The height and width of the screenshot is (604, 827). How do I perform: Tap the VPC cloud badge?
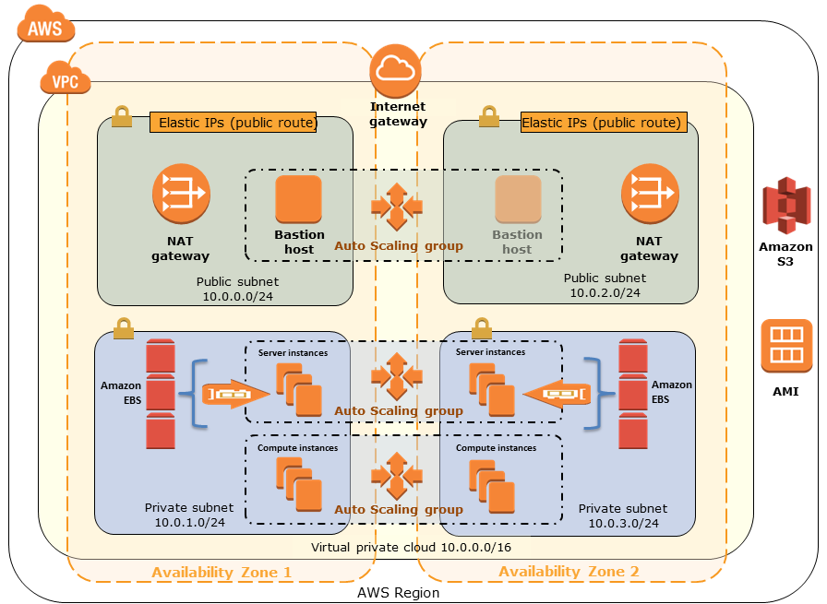point(65,81)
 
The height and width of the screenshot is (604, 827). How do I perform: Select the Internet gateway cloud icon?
point(395,68)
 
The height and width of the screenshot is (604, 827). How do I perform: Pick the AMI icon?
point(786,346)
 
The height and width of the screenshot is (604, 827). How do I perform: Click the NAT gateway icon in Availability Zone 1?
point(181,193)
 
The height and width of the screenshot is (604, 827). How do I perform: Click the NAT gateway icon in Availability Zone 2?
point(649,193)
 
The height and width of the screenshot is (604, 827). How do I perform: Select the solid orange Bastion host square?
point(298,198)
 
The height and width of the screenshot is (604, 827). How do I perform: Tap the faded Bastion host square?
point(518,198)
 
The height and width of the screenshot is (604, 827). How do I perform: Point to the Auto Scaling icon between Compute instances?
point(397,475)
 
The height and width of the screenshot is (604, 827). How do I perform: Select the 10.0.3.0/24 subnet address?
point(624,523)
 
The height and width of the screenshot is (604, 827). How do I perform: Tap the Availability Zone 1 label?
point(222,572)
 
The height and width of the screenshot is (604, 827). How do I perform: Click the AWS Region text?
point(398,593)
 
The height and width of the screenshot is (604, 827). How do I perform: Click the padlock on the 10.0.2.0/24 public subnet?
point(489,116)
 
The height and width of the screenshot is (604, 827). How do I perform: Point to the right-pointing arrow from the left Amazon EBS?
point(236,394)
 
